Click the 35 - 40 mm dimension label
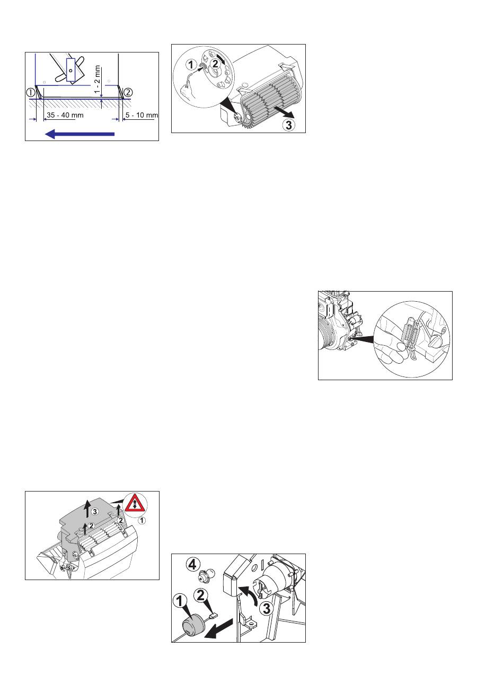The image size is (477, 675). click(x=65, y=115)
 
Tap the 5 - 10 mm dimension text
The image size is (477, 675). click(x=142, y=115)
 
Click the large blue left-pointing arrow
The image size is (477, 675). click(x=80, y=134)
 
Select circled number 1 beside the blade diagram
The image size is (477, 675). click(x=31, y=92)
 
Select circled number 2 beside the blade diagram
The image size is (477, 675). click(x=128, y=92)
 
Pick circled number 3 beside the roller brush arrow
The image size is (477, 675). click(x=288, y=125)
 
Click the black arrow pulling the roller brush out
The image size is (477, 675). click(x=284, y=112)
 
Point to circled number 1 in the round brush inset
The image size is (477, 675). click(x=191, y=65)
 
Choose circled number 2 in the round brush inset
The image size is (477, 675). click(x=215, y=64)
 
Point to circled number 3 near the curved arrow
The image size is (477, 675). click(x=267, y=609)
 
